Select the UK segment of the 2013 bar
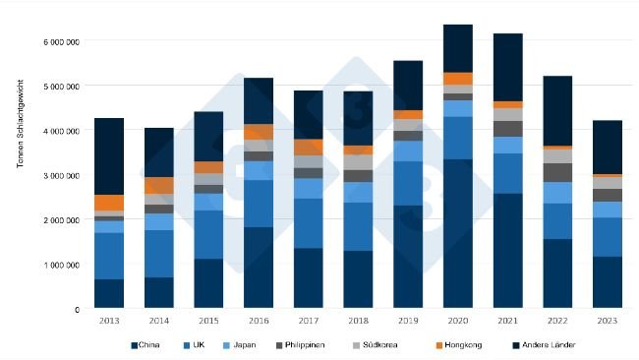coord(109,256)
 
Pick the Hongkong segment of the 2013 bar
coord(109,203)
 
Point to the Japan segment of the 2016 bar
coord(260,170)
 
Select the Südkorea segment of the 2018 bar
coord(358,162)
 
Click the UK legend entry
coord(195,344)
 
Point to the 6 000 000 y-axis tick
coord(60,42)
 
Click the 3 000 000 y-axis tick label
coord(60,175)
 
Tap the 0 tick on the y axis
coord(77,309)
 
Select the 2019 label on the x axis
coord(408,322)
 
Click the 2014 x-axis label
coord(159,322)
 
